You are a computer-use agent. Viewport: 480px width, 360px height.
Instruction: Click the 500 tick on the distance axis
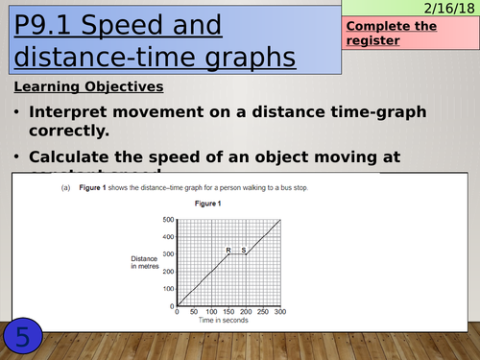click(169, 220)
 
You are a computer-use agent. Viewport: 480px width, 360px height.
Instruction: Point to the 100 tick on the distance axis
click(169, 290)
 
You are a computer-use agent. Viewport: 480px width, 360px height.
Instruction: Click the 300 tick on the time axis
click(279, 313)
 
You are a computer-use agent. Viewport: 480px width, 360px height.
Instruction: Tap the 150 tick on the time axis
click(228, 313)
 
